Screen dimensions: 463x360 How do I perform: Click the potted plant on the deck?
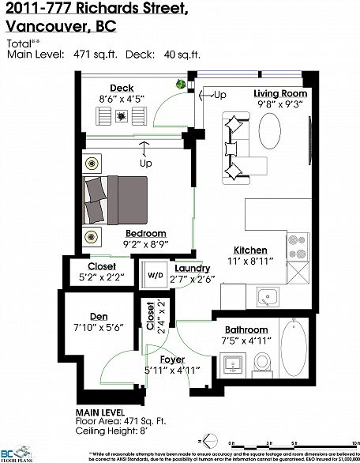pyautogui.click(x=181, y=84)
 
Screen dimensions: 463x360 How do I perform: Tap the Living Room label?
pyautogui.click(x=280, y=92)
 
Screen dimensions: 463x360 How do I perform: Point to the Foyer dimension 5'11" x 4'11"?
pyautogui.click(x=173, y=370)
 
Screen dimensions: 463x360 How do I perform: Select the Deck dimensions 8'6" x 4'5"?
pyautogui.click(x=122, y=99)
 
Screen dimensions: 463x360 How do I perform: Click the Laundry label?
pyautogui.click(x=192, y=269)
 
